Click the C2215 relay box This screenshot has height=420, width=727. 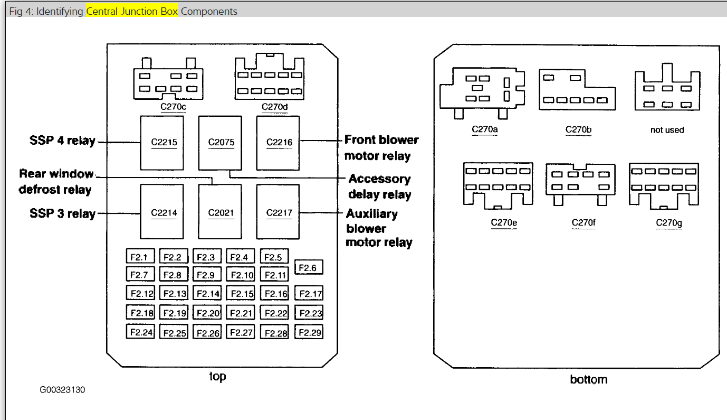pyautogui.click(x=161, y=142)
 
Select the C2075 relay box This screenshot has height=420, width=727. pyautogui.click(x=220, y=142)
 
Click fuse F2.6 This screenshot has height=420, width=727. pyautogui.click(x=308, y=267)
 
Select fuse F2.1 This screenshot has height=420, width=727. pyautogui.click(x=140, y=257)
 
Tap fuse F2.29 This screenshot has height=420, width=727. pyautogui.click(x=309, y=332)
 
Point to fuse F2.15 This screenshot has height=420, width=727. pyautogui.click(x=241, y=293)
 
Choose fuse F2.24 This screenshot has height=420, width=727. pyautogui.click(x=140, y=332)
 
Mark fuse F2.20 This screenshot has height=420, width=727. pyautogui.click(x=207, y=312)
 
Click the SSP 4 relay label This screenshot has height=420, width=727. pyautogui.click(x=62, y=141)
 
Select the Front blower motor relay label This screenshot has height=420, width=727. pyautogui.click(x=380, y=148)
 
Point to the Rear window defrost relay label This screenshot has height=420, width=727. pyautogui.click(x=55, y=181)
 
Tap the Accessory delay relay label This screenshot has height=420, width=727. pyautogui.click(x=379, y=186)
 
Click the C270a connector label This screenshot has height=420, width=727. pyautogui.click(x=485, y=128)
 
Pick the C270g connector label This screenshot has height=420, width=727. pyautogui.click(x=668, y=222)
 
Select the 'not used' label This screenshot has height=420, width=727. pyautogui.click(x=667, y=130)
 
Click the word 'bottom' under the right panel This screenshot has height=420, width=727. pyautogui.click(x=588, y=379)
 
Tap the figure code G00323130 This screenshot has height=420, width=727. pyautogui.click(x=62, y=390)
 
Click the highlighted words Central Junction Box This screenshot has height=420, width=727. pyautogui.click(x=132, y=11)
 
